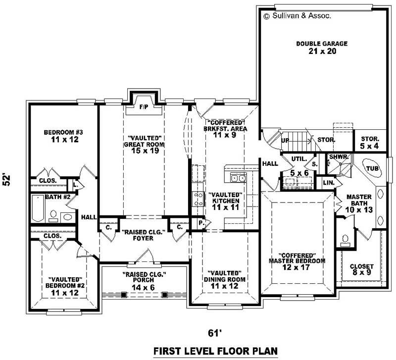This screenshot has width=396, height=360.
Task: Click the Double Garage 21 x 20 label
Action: [x=322, y=48]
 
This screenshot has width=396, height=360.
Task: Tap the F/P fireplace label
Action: [x=144, y=106]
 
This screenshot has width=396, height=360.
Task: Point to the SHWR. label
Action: [x=340, y=157]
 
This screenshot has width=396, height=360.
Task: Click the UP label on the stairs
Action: [x=286, y=140]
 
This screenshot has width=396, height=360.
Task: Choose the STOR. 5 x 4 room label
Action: [x=369, y=143]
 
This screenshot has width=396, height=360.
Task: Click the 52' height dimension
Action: [x=7, y=179]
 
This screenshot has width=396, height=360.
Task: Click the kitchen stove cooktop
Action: [x=198, y=199]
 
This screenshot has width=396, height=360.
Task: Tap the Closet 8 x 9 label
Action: [x=362, y=270]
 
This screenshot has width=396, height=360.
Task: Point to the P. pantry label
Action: [x=200, y=223]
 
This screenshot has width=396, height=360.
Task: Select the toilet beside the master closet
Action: [x=346, y=240]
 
